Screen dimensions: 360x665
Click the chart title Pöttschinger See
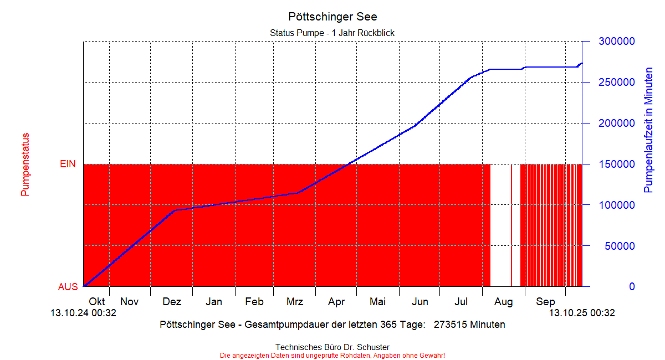[332, 17]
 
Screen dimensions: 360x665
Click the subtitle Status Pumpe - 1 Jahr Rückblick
[332, 33]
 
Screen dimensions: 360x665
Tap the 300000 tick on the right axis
[616, 42]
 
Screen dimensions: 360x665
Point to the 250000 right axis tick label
[616, 83]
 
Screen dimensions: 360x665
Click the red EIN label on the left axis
[68, 164]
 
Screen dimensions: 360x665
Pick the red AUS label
[68, 287]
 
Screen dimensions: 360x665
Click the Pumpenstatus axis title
[25, 164]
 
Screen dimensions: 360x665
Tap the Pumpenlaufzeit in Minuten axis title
[648, 130]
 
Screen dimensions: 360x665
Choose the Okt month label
[97, 302]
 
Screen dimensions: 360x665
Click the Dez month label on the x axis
[172, 302]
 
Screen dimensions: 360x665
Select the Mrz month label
[295, 302]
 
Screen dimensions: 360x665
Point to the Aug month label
[503, 302]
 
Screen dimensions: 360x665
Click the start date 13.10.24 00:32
[83, 313]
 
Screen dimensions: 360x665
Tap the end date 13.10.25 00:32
[582, 313]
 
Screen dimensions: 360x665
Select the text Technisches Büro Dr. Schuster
[332, 347]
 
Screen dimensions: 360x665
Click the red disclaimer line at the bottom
[332, 355]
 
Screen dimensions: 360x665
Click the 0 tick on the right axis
[631, 287]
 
